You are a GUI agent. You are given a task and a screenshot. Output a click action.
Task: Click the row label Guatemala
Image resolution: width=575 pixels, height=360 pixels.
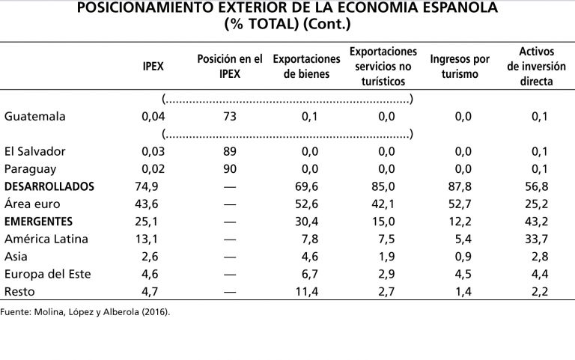click(x=34, y=116)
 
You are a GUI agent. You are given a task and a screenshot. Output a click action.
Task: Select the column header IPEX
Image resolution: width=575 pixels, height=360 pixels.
click(x=153, y=66)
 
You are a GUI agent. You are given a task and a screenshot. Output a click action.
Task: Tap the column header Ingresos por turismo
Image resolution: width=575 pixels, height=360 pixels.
click(x=460, y=66)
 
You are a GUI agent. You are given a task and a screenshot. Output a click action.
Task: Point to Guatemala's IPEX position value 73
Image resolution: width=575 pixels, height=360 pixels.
click(x=230, y=116)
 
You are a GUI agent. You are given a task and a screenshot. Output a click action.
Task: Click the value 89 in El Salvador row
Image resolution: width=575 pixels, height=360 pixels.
click(x=230, y=152)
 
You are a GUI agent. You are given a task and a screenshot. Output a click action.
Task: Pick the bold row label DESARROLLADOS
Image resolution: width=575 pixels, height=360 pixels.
click(x=49, y=186)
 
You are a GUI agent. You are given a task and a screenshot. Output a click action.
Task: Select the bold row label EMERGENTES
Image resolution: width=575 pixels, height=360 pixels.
click(x=38, y=222)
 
